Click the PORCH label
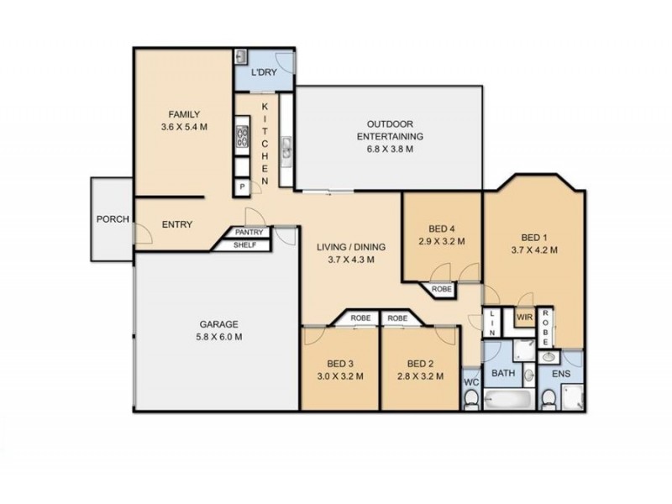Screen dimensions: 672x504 tap(113, 219)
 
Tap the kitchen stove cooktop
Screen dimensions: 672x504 tap(242, 137)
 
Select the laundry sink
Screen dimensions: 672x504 tap(240, 56)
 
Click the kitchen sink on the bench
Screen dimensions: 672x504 tap(286, 150)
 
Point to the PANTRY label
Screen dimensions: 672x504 tap(249, 233)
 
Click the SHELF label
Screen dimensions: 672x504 tap(244, 245)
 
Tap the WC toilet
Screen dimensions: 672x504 tap(472, 398)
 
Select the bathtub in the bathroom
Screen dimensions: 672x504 tap(508, 400)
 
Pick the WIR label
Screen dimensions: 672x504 tap(524, 318)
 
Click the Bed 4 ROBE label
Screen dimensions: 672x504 tap(442, 289)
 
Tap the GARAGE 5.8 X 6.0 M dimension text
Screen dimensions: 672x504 tap(219, 337)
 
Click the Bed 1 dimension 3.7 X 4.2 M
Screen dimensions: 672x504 tap(534, 249)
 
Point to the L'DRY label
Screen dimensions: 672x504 tap(264, 72)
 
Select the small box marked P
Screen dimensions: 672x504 tap(243, 186)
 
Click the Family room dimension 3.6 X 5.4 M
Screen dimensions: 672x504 tap(184, 127)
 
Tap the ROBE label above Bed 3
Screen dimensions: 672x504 tap(361, 318)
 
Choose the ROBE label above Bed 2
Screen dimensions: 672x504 tap(397, 318)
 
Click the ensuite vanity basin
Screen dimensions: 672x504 tap(549, 356)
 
